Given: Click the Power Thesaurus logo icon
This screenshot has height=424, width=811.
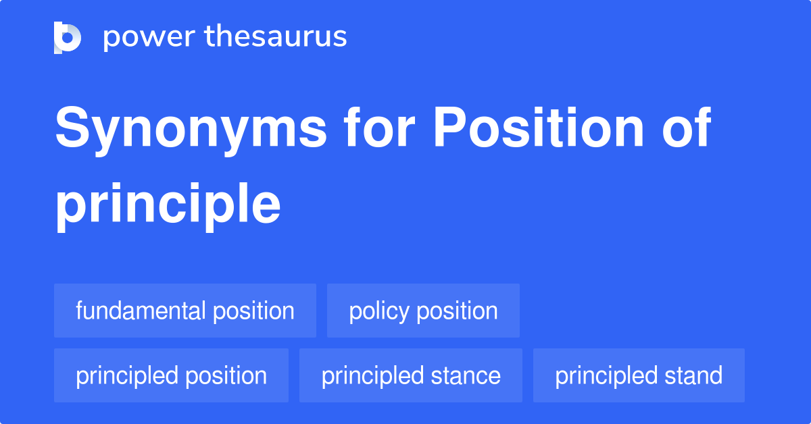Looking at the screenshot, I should pos(68,37).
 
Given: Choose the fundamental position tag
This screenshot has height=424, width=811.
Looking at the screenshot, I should pos(185,311).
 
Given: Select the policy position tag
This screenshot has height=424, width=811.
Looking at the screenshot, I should pos(423,311).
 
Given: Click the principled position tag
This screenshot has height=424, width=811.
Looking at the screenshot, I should pos(171,375).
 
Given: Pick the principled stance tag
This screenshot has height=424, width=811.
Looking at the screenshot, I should pos(411,375).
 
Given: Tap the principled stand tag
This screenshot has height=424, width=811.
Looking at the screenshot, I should pos(639,375).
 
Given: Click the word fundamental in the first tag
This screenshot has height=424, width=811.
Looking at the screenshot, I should pos(141,311).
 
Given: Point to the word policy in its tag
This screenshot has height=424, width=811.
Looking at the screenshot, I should pos(379,311).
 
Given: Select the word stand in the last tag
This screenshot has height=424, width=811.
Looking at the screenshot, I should pos(693,375).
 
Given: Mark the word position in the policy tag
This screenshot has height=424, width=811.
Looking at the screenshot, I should pos(457,311).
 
